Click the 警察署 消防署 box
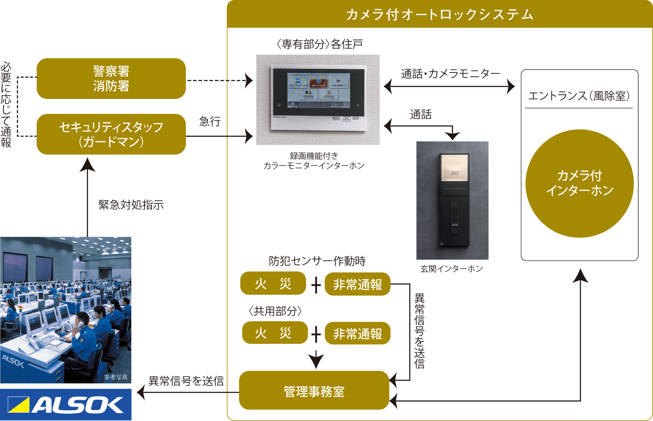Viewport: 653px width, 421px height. point(111,79)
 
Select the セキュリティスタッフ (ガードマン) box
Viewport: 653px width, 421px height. point(111,134)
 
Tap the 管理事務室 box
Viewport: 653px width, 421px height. point(314,390)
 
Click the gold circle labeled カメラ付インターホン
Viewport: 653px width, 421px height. point(580,183)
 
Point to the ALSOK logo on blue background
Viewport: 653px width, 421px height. point(66,405)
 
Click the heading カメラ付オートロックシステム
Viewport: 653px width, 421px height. point(439,15)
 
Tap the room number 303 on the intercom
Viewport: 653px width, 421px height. point(454,173)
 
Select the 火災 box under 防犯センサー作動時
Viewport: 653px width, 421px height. point(273,283)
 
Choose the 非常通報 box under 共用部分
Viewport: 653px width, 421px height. point(357,333)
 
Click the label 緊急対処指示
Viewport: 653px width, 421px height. point(131,205)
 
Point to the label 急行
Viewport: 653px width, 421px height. point(209,122)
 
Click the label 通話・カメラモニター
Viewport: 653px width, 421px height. point(450,74)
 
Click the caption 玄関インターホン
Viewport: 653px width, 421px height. point(452,268)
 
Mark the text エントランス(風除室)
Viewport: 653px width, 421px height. point(579,96)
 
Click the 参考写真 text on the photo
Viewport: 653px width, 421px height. point(116,377)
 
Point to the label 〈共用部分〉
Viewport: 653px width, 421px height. point(275,311)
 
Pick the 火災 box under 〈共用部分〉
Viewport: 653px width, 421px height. point(275,333)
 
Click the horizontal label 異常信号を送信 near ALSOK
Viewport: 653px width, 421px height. point(186,381)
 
